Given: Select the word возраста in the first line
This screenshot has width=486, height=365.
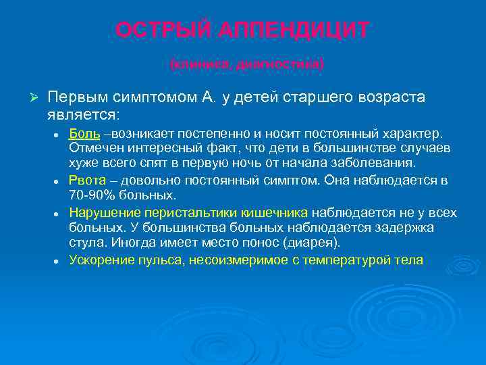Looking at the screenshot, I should click(391, 97).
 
